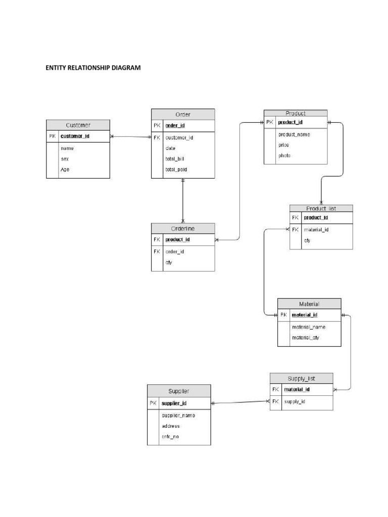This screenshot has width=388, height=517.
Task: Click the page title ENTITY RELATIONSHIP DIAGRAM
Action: coord(93,68)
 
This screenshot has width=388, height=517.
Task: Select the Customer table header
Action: coord(78,125)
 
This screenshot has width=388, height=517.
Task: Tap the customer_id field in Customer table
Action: coord(75,136)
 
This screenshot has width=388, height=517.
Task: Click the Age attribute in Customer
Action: coord(65,170)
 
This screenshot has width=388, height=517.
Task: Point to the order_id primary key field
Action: coord(174,126)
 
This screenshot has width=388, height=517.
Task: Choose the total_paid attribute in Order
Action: coord(176,170)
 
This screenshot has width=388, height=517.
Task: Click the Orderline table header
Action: coord(183,228)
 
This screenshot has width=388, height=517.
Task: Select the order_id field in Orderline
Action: coord(174,251)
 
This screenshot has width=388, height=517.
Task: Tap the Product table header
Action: coord(296,113)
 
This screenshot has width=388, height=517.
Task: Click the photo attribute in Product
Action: coord(284,156)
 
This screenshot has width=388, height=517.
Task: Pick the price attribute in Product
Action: coord(283,145)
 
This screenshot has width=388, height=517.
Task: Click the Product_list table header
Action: coord(321,208)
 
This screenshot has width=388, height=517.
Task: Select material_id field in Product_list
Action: coord(316,230)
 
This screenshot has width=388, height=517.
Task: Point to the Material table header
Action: coord(309,304)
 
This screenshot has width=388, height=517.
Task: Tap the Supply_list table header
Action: coord(301,378)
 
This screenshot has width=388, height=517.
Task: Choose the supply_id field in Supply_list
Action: coord(295,401)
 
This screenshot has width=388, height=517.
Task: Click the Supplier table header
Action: coord(179,391)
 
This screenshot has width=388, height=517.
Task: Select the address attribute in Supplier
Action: coord(170,426)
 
